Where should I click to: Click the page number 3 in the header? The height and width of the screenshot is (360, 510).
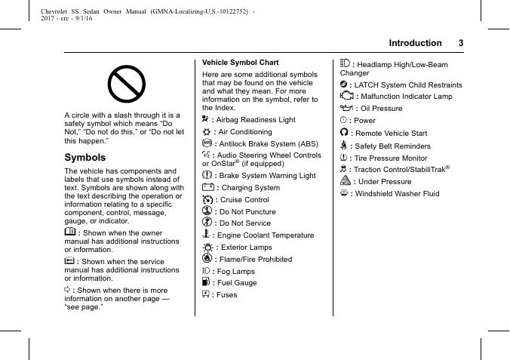[461, 43]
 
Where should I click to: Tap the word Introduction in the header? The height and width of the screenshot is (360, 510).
[415, 43]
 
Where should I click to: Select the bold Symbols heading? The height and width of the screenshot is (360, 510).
[85, 158]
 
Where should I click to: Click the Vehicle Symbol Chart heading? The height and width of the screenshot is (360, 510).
[241, 63]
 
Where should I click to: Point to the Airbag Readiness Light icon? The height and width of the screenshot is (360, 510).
[206, 120]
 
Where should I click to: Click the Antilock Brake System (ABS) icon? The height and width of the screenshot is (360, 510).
[207, 143]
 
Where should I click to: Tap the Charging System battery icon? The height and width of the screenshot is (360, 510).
[208, 187]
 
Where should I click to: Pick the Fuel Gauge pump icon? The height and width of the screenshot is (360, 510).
[206, 282]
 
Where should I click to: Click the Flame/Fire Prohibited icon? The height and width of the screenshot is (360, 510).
[207, 259]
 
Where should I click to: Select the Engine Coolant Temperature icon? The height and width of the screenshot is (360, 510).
[207, 235]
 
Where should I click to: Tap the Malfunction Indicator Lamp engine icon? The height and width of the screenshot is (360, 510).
[346, 96]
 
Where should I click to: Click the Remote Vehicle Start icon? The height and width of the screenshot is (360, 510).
[344, 133]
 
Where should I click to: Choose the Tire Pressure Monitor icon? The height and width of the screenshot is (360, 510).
[344, 158]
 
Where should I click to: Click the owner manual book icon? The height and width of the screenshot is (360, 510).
[69, 233]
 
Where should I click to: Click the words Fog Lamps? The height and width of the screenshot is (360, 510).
[234, 271]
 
